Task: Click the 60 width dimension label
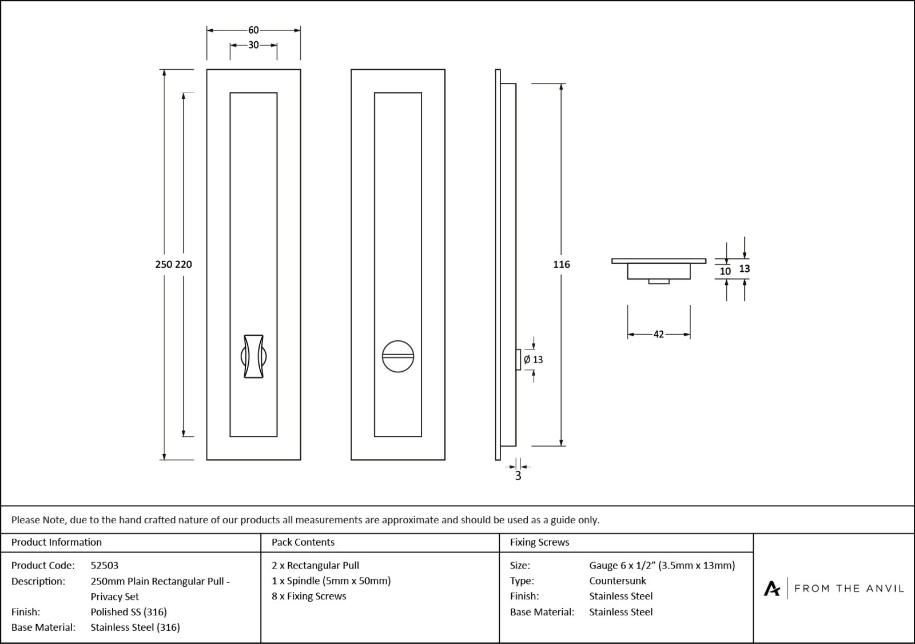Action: pos(253,30)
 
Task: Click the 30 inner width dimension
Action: pos(253,45)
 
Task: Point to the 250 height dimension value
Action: pos(164,264)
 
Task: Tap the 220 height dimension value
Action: pos(184,264)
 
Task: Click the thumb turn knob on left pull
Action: pos(253,356)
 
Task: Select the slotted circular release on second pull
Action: pos(397,357)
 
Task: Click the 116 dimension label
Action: pos(562,264)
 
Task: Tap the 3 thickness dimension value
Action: pos(518,476)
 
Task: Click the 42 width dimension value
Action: pos(658,335)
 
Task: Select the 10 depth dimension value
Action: pos(725,271)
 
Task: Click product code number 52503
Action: pos(105,565)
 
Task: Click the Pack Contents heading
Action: pos(303,542)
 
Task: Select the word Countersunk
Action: pos(618,581)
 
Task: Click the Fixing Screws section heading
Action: pos(539,542)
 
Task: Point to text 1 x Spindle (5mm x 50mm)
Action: pos(331,581)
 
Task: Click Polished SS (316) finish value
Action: pos(129,611)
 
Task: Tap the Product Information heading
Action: pos(57,542)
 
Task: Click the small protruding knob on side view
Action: pos(518,360)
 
